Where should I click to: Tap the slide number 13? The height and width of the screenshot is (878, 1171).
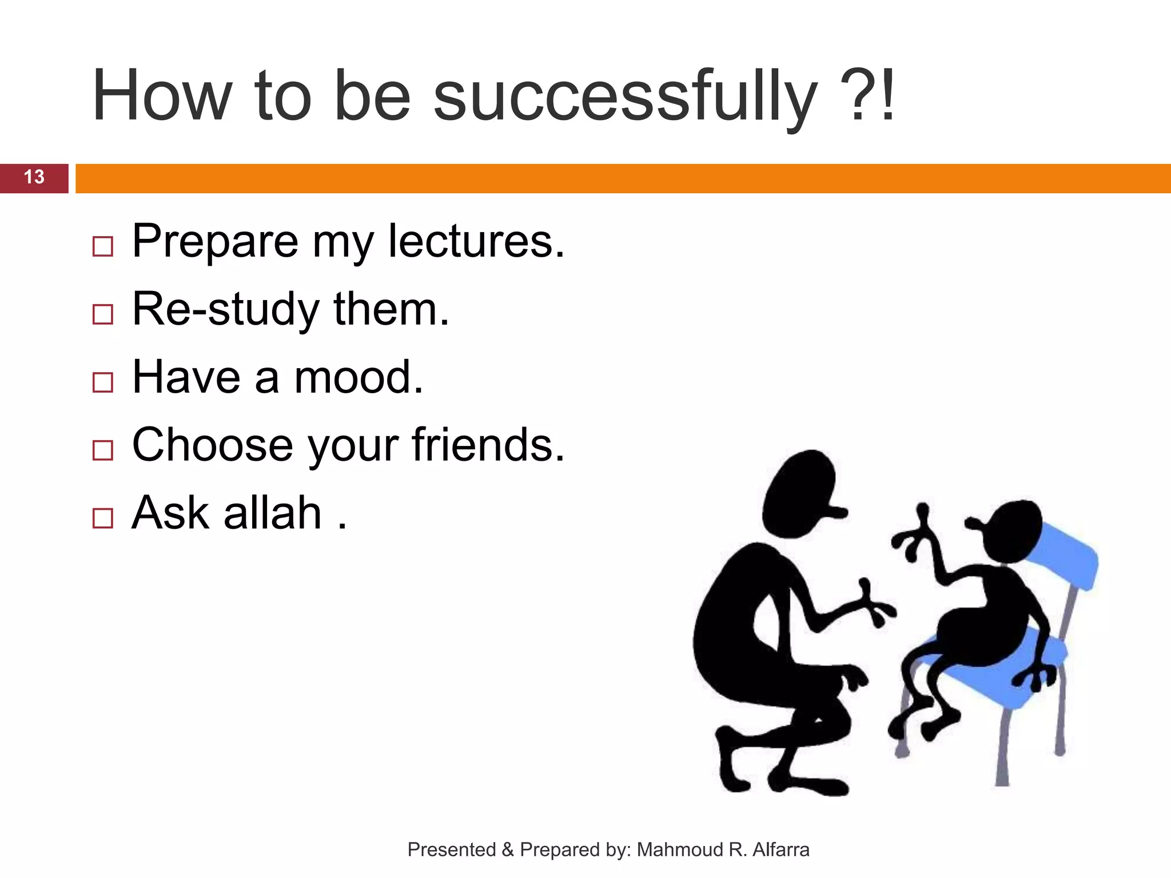point(34,177)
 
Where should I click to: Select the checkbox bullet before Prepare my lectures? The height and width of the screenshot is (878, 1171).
point(103,246)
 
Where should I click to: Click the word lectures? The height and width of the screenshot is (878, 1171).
point(476,241)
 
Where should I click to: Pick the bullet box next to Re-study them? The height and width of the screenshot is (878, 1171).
point(103,314)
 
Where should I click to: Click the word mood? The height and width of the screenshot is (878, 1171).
point(359,377)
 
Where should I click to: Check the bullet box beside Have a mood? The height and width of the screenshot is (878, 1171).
point(103,382)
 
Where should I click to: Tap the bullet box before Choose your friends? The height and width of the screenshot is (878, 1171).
point(103,450)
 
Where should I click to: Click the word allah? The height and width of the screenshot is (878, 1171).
point(273,513)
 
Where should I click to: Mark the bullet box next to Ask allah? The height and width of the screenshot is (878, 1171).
point(103,518)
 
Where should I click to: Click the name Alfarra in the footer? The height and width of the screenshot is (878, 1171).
point(781,850)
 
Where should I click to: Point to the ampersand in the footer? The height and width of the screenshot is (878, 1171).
point(507,850)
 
